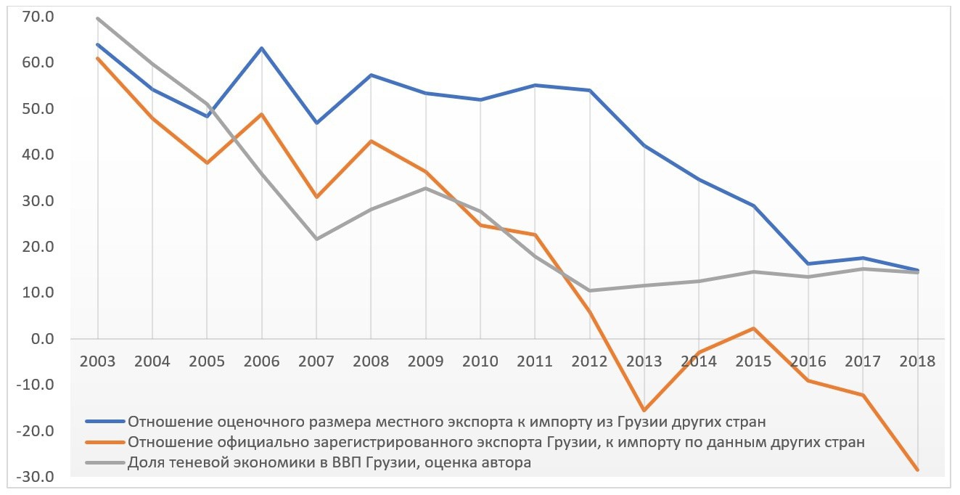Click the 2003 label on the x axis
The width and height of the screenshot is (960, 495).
click(97, 361)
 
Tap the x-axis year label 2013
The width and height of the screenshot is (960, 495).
click(644, 361)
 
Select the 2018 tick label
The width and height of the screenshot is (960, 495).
click(916, 361)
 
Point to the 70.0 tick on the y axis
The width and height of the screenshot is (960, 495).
click(38, 17)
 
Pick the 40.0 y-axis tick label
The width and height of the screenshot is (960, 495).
click(38, 155)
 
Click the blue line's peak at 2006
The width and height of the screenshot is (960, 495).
click(261, 49)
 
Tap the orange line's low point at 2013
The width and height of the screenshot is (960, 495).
click(644, 411)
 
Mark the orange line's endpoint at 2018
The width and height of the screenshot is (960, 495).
click(916, 470)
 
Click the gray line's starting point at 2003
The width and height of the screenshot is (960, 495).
click(97, 18)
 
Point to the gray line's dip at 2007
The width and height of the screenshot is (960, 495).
click(316, 239)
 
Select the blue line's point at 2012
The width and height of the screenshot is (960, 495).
click(589, 90)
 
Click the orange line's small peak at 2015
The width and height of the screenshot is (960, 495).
click(753, 328)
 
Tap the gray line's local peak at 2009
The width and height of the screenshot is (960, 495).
click(425, 188)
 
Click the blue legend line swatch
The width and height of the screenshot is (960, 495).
click(105, 421)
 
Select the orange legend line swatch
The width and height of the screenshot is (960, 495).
click(105, 442)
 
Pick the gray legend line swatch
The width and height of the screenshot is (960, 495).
click(105, 463)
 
